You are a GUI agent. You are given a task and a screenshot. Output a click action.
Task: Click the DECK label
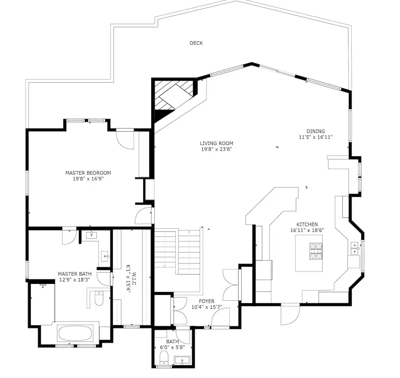(196, 43)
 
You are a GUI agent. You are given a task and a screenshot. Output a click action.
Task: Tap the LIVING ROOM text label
(216, 143)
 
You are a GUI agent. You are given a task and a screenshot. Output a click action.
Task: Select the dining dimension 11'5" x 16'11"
(316, 137)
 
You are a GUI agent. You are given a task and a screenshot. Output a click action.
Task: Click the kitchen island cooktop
(316, 251)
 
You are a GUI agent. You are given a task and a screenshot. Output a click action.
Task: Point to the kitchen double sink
(354, 248)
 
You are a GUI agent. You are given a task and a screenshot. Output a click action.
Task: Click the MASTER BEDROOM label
(88, 173)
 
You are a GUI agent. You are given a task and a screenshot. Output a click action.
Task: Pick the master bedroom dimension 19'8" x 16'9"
(88, 179)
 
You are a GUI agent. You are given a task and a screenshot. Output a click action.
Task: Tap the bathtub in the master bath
(75, 333)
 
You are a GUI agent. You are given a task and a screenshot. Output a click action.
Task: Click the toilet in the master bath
(99, 298)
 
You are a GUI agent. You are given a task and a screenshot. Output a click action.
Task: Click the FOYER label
(207, 302)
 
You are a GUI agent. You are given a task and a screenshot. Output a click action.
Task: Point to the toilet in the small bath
(164, 358)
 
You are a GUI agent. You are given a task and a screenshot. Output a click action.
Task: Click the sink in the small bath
(182, 361)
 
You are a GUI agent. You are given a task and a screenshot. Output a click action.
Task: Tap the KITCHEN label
(307, 225)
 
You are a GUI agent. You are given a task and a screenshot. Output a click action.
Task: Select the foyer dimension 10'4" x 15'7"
(207, 307)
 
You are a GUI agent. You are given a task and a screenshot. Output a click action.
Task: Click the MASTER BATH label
(74, 274)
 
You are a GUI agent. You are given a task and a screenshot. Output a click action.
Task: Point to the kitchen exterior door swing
(290, 315)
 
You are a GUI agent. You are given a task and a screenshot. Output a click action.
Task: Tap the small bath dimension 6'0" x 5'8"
(172, 347)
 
